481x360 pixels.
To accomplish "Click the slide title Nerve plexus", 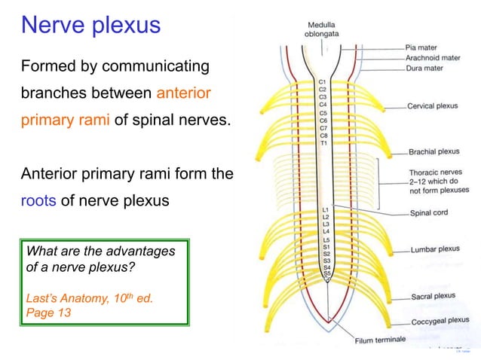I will click(90, 25).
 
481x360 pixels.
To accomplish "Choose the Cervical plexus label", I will click(433, 106).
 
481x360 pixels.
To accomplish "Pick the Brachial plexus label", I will click(434, 151).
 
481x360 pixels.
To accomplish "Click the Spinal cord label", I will click(428, 212).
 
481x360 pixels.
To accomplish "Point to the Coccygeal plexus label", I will click(439, 320).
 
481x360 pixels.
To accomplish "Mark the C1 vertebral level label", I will click(323, 81).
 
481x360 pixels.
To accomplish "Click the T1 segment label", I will click(323, 143).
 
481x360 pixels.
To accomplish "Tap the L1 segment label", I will click(325, 209).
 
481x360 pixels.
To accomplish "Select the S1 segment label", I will click(326, 246).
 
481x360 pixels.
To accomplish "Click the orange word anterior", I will click(183, 93).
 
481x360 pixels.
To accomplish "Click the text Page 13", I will click(48, 313).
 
